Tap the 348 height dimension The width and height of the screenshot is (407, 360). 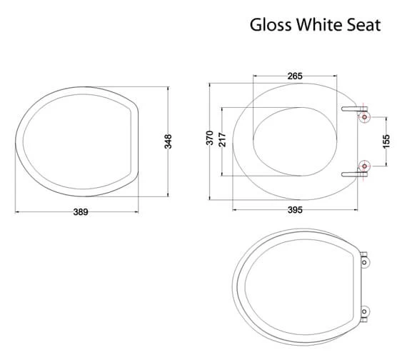coord(169,141)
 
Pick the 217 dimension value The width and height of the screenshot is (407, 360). coord(223,140)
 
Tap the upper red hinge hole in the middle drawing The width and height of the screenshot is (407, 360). coord(365,115)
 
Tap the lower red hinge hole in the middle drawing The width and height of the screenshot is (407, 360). coord(365,167)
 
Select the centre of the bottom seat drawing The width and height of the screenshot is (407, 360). coord(296,286)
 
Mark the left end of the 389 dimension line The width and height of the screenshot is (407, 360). coord(16,211)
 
